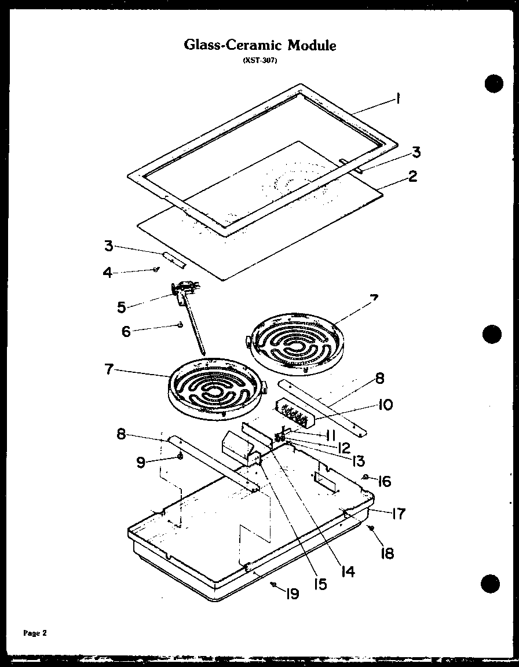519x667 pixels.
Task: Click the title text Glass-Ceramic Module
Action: click(259, 45)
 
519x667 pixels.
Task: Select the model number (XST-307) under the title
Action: click(259, 62)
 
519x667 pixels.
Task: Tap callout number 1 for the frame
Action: click(398, 99)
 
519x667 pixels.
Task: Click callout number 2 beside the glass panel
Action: click(412, 176)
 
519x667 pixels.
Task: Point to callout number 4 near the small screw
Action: click(107, 272)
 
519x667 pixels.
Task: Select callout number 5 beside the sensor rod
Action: click(122, 307)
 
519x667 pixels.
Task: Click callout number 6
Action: click(126, 331)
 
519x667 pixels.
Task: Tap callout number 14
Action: click(347, 571)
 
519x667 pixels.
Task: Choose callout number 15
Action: click(320, 584)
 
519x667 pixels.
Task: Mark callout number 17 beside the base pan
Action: click(398, 513)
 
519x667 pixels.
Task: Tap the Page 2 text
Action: click(35, 633)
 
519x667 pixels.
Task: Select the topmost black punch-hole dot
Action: click(492, 83)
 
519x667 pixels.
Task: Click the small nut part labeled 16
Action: click(366, 477)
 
